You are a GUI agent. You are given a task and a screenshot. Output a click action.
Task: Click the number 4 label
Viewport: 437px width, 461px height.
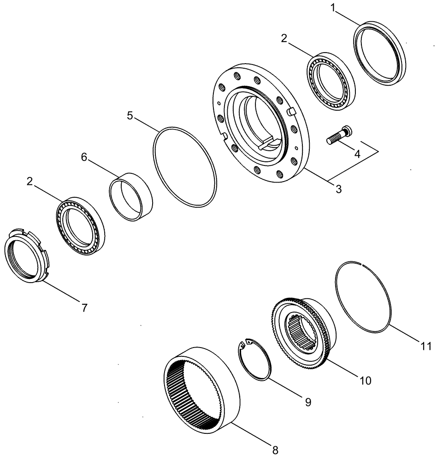coord(358,154)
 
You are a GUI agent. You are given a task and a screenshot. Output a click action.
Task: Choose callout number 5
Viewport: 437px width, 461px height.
coord(130,115)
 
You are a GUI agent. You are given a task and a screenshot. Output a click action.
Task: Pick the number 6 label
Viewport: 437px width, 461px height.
coord(84,157)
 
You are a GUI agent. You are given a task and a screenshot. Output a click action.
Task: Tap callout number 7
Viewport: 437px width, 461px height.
coord(84,308)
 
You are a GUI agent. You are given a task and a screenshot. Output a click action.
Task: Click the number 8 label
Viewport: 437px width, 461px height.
coord(276,448)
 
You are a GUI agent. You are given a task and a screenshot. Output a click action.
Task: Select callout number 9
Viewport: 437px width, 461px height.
coord(307,402)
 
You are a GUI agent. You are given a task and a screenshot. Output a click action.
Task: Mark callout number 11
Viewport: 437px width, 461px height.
coord(426,346)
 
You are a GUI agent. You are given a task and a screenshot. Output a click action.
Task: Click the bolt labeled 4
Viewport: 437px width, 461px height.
coord(338,137)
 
